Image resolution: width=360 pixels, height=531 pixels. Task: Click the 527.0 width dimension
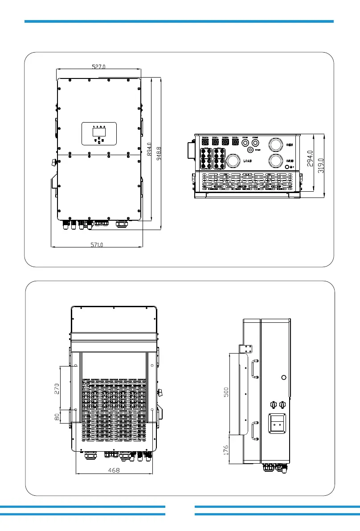(x=99, y=67)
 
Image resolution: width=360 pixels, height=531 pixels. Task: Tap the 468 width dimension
(x=114, y=470)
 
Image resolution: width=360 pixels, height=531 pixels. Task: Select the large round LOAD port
(x=233, y=161)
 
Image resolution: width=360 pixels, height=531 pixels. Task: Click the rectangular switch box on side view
(x=276, y=424)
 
